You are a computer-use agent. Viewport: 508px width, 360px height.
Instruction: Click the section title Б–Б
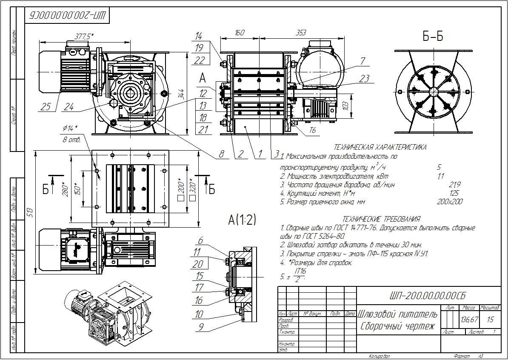433,37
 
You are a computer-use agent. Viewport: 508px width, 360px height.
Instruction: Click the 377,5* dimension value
84,37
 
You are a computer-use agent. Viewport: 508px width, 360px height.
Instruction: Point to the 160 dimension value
240,33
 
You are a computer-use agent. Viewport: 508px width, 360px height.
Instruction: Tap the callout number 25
46,107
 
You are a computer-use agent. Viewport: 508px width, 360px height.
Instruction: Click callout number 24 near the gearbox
68,107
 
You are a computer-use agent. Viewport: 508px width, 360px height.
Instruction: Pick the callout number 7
362,61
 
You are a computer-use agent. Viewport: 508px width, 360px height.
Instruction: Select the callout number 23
364,79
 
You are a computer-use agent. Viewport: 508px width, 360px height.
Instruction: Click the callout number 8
221,154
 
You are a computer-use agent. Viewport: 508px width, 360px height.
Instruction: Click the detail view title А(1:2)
242,220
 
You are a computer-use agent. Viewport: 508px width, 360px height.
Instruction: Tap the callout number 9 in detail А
200,327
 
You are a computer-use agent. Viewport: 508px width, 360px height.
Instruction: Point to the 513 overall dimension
29,213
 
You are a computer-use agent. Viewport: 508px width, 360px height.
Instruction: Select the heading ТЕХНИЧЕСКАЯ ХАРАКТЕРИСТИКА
380,147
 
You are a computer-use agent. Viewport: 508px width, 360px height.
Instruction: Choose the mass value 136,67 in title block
469,319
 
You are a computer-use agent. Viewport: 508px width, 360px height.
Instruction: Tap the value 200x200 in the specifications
449,202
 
